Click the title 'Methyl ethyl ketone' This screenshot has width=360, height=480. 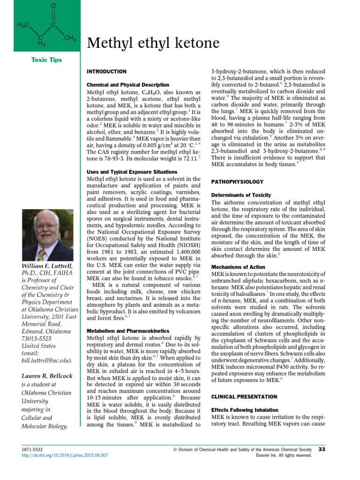point(153,43)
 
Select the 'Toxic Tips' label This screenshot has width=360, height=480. point(46,60)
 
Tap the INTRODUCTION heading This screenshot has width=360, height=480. point(107,71)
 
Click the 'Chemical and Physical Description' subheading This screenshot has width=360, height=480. point(128,85)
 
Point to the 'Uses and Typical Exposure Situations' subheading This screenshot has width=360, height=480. point(132,172)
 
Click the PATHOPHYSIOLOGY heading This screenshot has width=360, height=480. point(239,181)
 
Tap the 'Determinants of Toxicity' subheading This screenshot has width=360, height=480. point(241,195)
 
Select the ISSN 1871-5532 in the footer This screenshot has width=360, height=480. point(32,449)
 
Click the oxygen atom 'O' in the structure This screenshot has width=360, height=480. point(53,5)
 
